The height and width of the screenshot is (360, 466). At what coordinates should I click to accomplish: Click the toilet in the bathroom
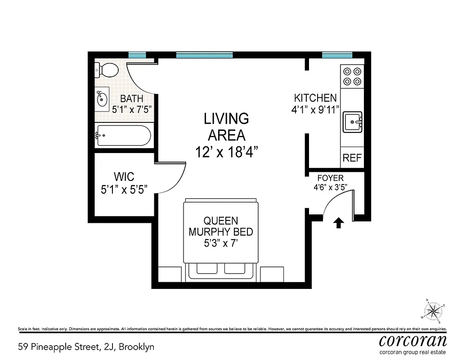(107, 70)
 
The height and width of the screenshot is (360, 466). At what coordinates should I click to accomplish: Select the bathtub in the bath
(123, 135)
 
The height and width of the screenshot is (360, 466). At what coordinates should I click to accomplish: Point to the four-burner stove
(352, 76)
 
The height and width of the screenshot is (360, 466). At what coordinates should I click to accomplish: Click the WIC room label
(124, 176)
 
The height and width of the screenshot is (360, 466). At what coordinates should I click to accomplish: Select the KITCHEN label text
(315, 98)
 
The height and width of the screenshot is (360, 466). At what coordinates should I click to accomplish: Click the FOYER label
(330, 178)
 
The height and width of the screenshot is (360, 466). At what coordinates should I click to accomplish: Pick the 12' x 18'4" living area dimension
(226, 153)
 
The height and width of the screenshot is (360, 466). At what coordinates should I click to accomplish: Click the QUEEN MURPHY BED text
(220, 226)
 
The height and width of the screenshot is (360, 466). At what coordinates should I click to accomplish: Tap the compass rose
(434, 310)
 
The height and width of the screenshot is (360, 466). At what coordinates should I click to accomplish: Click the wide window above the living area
(205, 55)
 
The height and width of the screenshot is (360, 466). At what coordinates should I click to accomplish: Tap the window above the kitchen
(336, 55)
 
